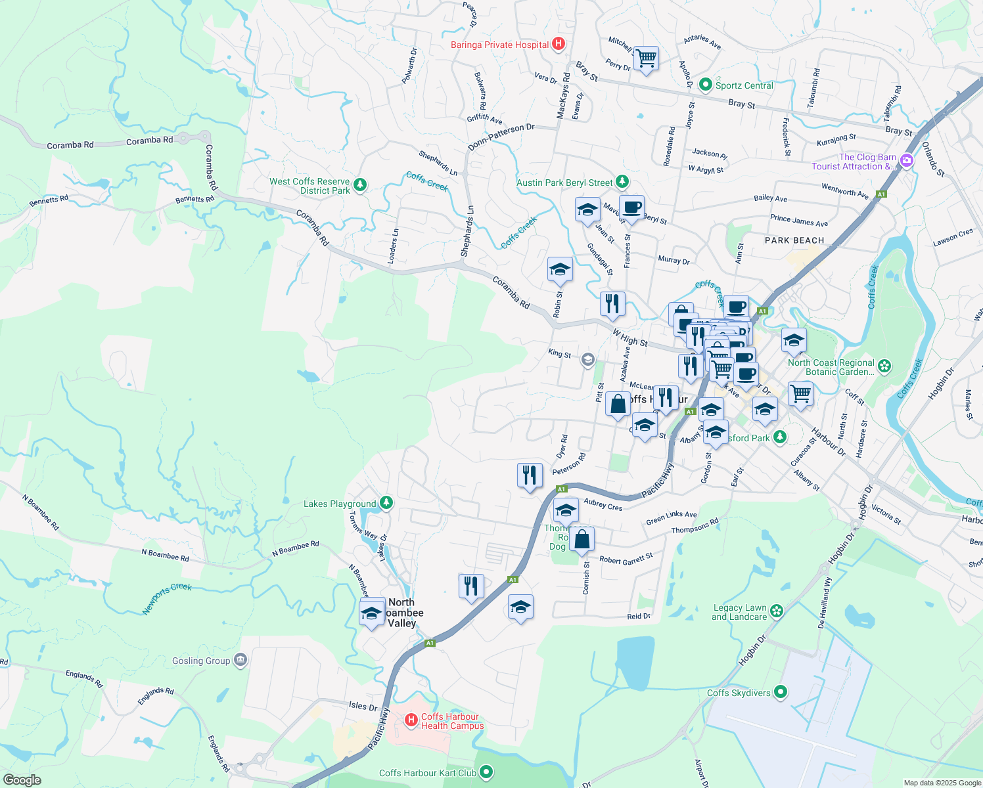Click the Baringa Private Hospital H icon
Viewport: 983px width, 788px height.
558,45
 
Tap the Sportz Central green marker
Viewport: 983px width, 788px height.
706,85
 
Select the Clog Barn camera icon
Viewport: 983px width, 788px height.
907,161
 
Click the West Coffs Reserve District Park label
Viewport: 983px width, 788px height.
309,186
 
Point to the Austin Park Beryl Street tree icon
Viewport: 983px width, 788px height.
622,182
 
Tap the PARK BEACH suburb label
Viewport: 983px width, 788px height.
794,240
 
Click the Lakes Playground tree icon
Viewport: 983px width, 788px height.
386,503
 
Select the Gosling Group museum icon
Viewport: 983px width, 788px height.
240,660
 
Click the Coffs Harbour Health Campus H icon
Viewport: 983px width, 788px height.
411,720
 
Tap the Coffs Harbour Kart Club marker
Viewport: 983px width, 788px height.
486,772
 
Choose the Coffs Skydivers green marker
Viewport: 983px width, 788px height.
781,691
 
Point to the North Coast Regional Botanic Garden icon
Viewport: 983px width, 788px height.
884,366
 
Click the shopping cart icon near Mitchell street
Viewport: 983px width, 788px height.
646,58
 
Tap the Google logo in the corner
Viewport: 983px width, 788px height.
22,779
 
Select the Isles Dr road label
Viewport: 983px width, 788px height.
363,706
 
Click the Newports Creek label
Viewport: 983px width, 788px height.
167,598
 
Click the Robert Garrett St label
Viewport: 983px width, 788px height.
626,559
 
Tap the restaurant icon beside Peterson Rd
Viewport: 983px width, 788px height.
530,475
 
